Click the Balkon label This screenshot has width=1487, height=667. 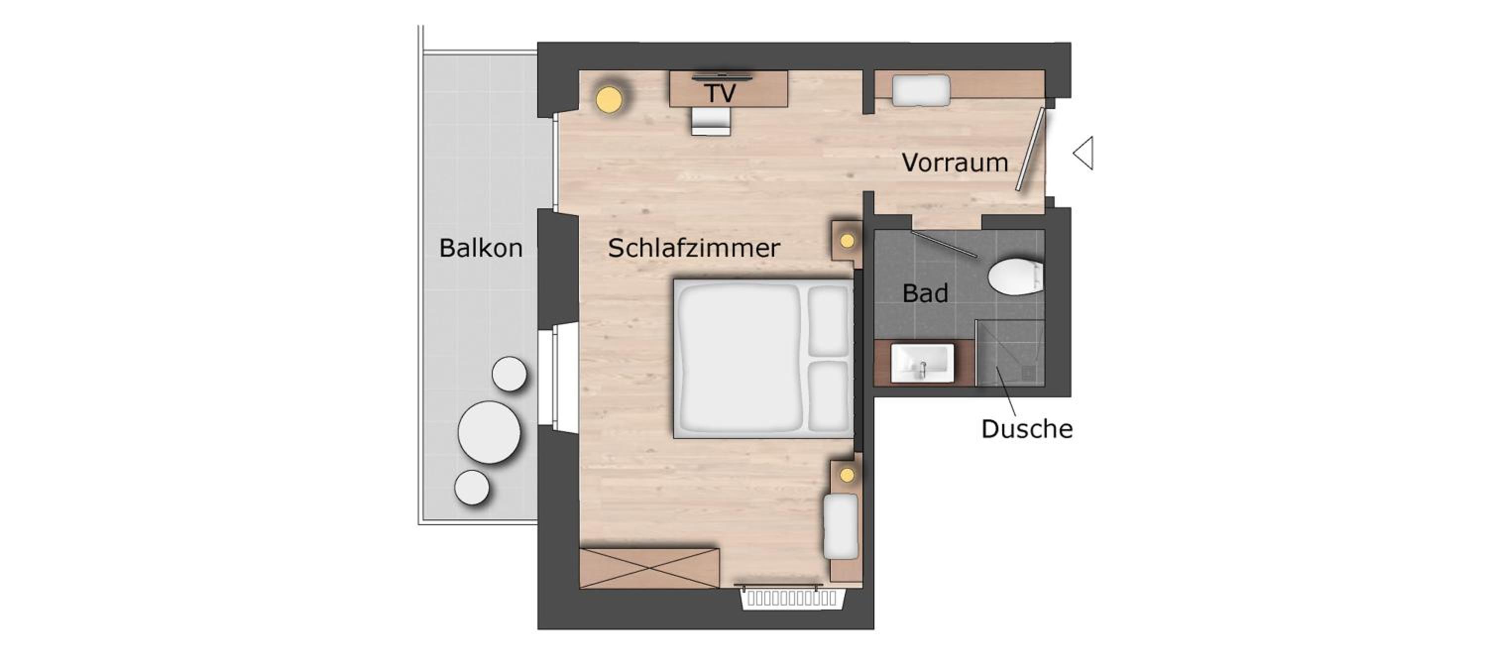click(x=481, y=248)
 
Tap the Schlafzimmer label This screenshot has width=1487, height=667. click(x=694, y=249)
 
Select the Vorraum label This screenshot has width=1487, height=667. click(x=955, y=163)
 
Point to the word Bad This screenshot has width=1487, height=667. click(x=925, y=293)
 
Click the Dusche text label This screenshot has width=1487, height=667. click(x=1027, y=429)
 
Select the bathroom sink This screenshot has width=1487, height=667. click(x=922, y=363)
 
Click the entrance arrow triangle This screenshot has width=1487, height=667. click(x=1084, y=153)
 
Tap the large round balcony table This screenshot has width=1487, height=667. click(x=489, y=432)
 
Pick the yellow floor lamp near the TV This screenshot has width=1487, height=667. click(x=610, y=99)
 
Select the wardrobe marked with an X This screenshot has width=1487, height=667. click(x=649, y=568)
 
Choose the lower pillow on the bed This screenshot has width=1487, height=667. click(x=828, y=396)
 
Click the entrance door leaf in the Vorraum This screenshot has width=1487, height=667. click(x=1031, y=150)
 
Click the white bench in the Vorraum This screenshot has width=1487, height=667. click(x=921, y=91)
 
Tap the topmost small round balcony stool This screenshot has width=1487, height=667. click(x=509, y=374)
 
